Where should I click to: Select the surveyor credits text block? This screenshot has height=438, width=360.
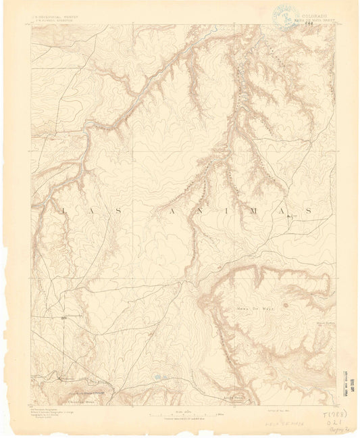[x=51, y=413]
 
